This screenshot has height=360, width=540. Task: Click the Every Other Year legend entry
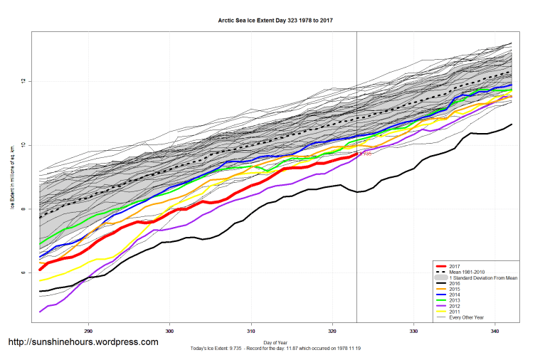466,317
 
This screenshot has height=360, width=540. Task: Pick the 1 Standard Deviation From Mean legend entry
479,277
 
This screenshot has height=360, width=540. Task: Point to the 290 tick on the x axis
88,331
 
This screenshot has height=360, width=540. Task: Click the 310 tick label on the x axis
251,331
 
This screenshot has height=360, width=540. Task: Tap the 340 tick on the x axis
495,331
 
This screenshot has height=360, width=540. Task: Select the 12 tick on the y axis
23,81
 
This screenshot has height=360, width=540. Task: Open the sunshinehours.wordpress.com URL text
83,342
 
